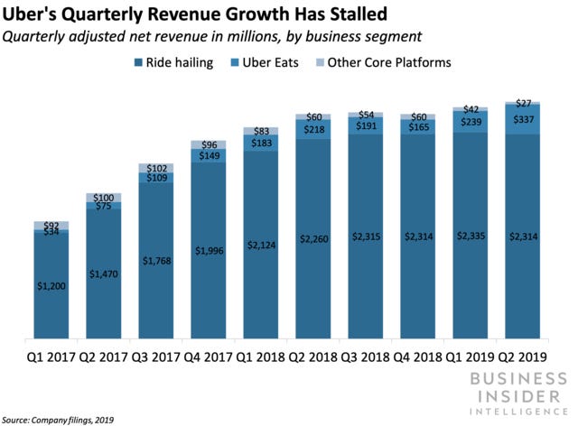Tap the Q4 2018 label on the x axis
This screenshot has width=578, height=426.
click(417, 358)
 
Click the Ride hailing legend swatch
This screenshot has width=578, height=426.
click(137, 62)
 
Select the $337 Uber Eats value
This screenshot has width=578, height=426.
click(523, 118)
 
